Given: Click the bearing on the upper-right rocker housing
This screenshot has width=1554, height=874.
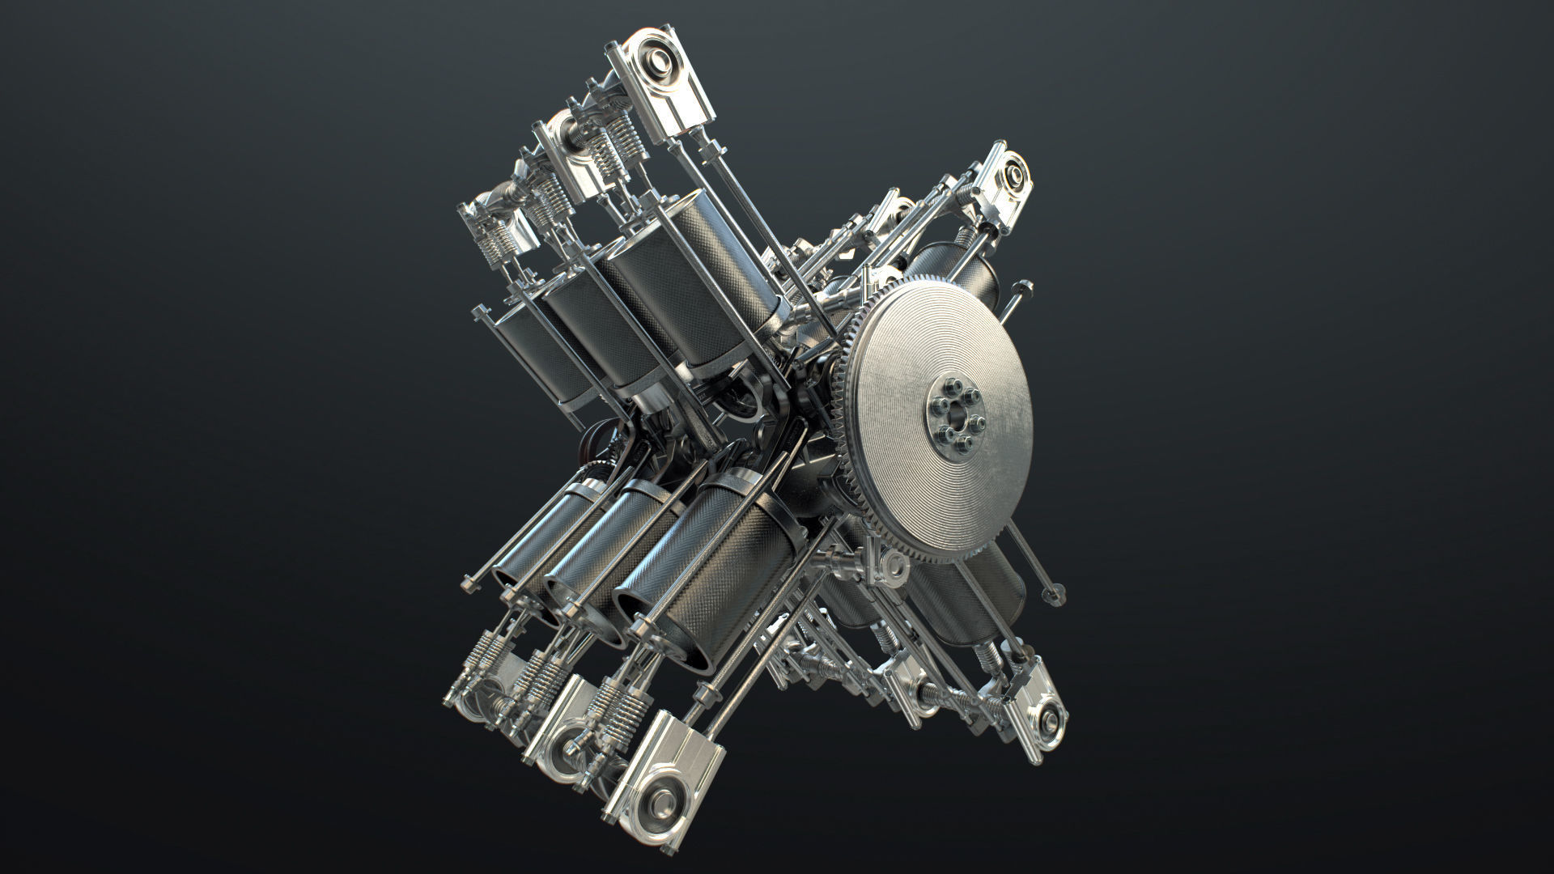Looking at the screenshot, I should click(x=1011, y=173).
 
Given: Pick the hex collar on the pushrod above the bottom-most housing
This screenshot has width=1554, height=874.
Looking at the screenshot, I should click(x=707, y=697).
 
